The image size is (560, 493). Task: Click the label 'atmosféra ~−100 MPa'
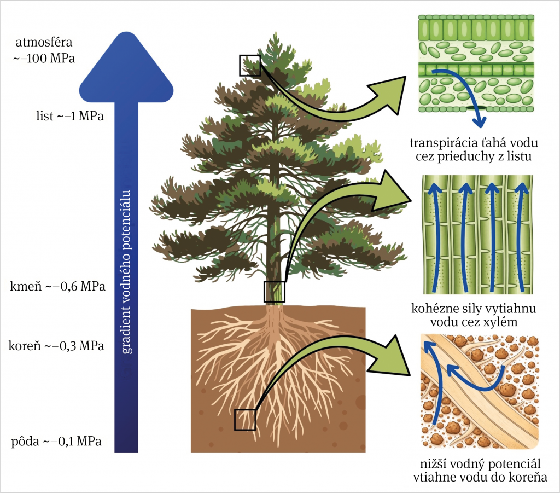click(44, 49)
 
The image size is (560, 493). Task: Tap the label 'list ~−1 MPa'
click(69, 115)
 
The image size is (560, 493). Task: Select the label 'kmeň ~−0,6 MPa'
click(57, 286)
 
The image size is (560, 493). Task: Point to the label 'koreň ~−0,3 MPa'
click(56, 346)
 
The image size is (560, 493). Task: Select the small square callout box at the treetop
click(249, 65)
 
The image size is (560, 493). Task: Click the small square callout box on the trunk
click(275, 292)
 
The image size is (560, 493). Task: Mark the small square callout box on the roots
click(245, 420)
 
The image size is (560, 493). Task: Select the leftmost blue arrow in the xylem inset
click(434, 235)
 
